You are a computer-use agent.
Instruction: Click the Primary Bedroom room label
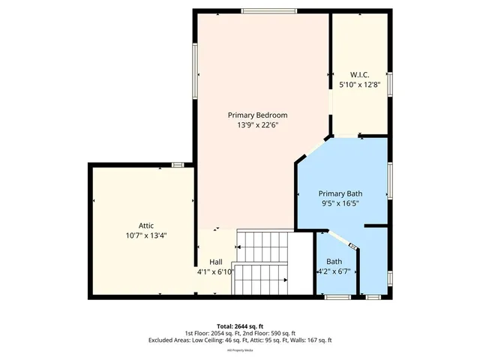[257, 115]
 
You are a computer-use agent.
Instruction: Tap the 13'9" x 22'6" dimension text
[257, 125]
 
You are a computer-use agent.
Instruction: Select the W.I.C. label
[360, 75]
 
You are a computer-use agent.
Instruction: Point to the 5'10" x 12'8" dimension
[360, 85]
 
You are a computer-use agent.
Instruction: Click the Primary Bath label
[345, 193]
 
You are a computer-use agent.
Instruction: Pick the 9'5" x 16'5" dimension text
[345, 203]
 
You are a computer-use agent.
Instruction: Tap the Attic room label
[146, 225]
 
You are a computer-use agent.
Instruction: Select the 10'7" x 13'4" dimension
[146, 235]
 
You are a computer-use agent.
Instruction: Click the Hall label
[215, 262]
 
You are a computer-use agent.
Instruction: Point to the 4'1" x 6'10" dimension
[216, 271]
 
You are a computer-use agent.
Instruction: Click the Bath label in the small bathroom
[334, 262]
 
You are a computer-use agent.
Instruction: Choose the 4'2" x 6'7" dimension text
[334, 271]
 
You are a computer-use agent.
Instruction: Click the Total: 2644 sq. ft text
[240, 325]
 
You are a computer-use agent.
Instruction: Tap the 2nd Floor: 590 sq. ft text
[271, 333]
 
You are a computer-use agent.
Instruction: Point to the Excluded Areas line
[240, 340]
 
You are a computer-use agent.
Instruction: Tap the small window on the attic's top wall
[178, 164]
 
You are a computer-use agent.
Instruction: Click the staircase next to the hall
[264, 262]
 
